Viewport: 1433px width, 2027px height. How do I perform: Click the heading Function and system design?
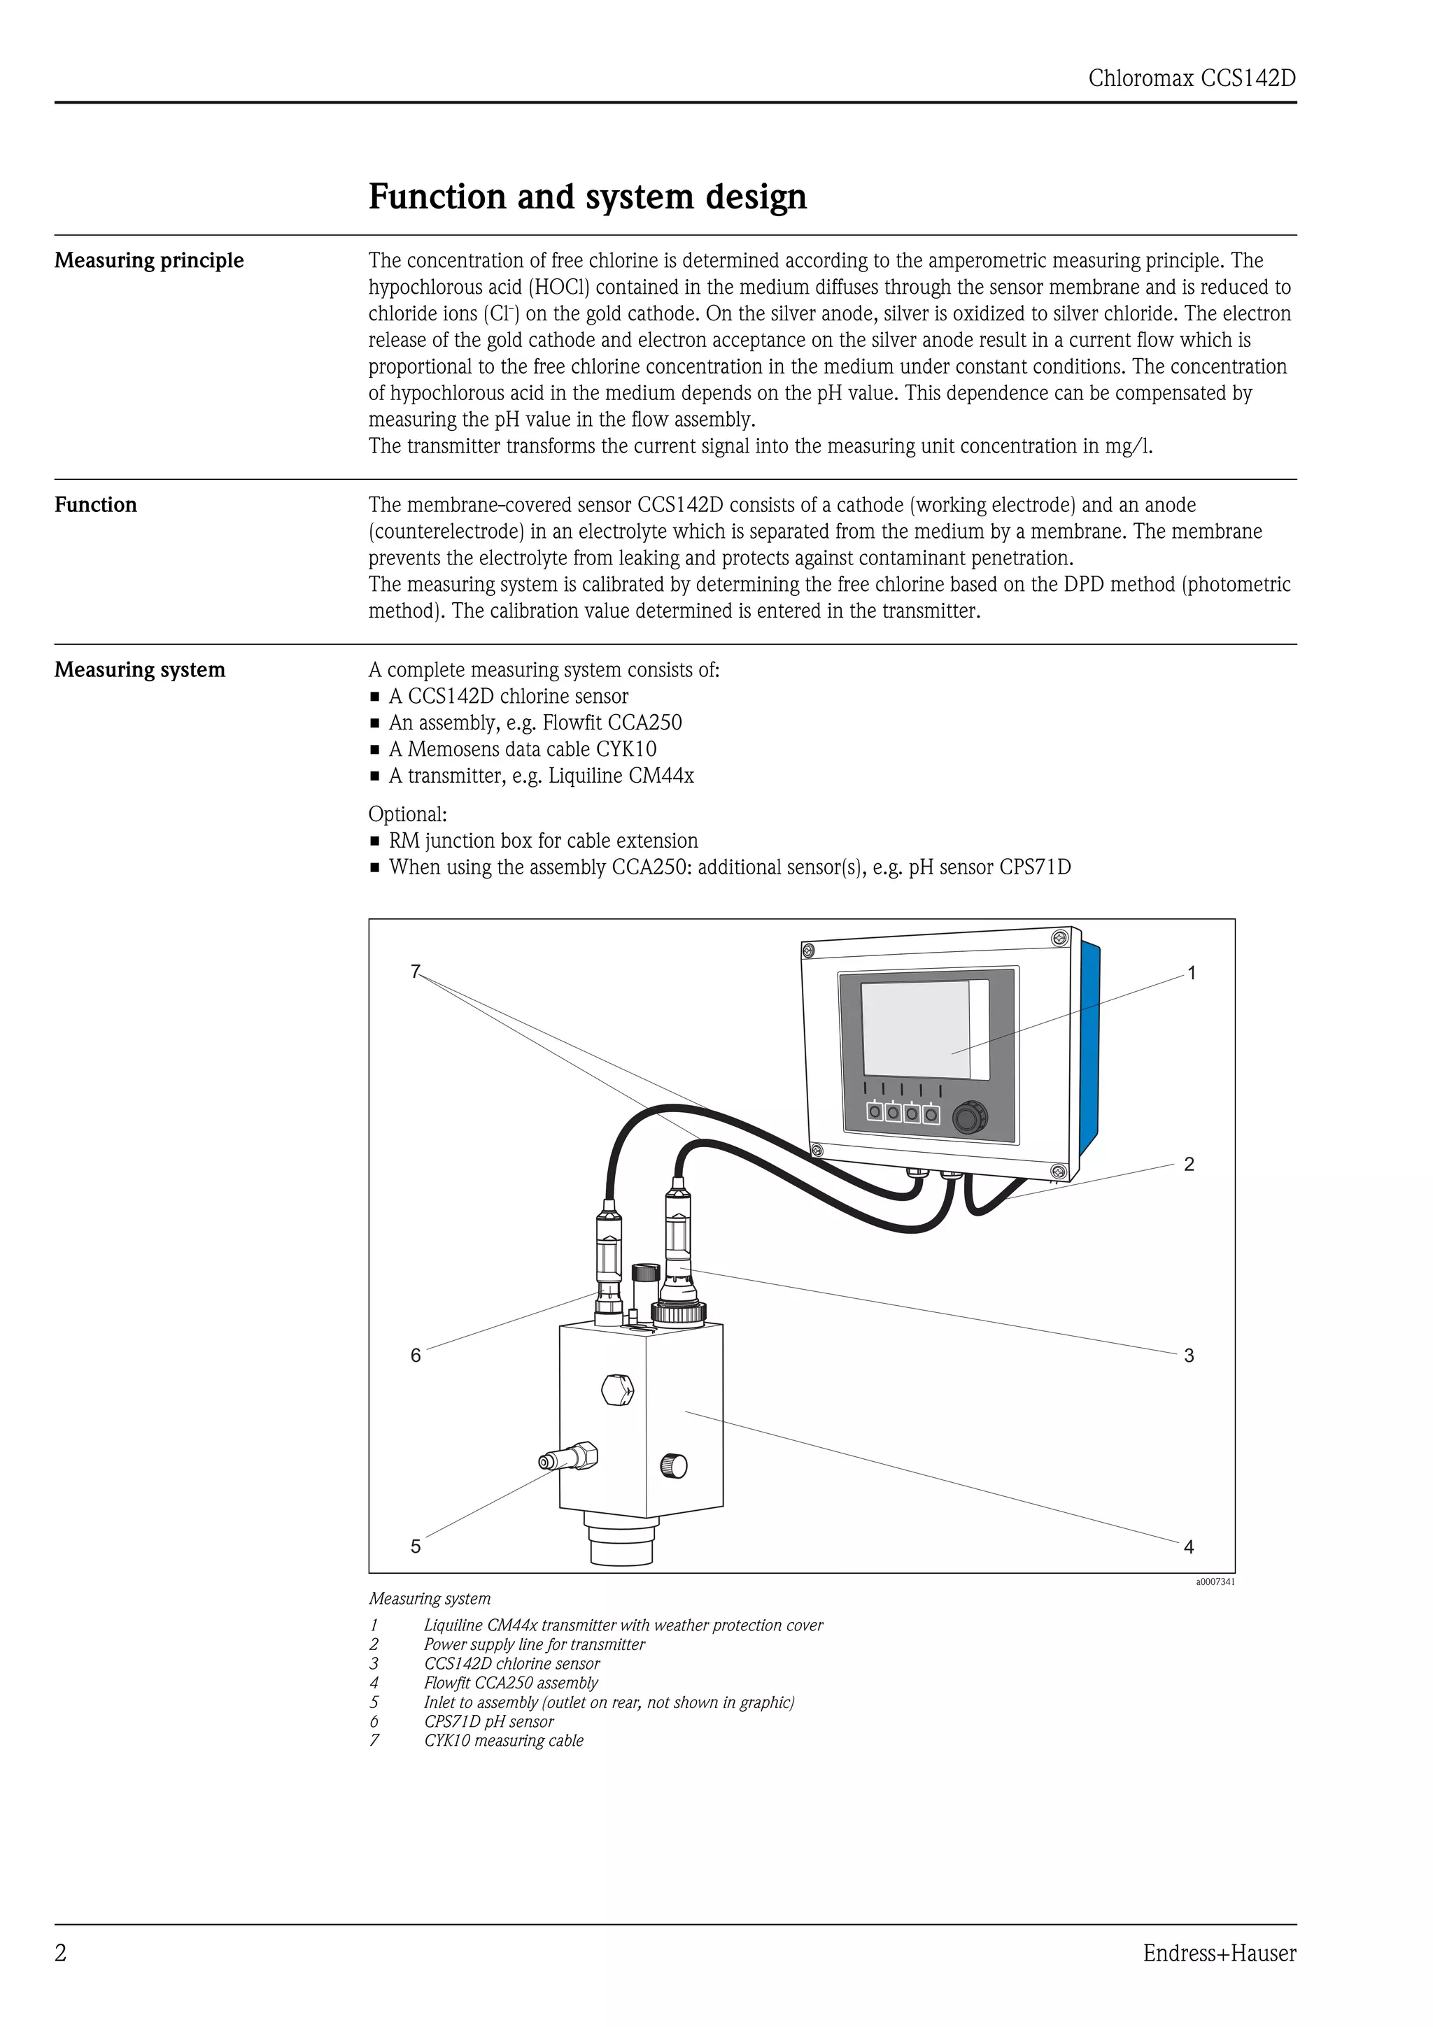click(x=587, y=196)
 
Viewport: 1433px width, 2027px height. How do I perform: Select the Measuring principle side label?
click(x=149, y=260)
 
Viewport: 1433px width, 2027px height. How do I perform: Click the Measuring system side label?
click(x=139, y=670)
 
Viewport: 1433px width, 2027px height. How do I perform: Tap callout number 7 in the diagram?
click(x=415, y=971)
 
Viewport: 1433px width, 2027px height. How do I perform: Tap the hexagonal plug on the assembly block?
click(x=617, y=1391)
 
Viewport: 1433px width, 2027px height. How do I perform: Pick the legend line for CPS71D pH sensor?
click(x=488, y=1721)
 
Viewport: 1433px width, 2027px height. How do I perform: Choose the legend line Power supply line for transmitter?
click(x=533, y=1644)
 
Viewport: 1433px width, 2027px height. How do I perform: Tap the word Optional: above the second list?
click(x=407, y=814)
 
